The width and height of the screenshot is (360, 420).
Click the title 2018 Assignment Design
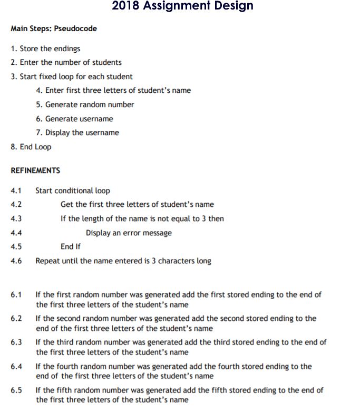click(182, 6)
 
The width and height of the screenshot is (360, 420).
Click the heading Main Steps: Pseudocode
click(54, 28)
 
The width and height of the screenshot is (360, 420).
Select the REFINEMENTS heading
click(35, 170)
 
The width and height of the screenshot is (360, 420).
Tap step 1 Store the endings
click(46, 49)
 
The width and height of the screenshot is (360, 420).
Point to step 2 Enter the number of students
click(66, 62)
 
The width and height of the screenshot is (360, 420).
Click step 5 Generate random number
click(85, 104)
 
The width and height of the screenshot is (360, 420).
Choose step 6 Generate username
click(75, 119)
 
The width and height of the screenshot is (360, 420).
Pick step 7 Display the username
click(78, 132)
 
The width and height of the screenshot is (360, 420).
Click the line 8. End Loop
click(31, 147)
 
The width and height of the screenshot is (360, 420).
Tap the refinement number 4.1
click(16, 190)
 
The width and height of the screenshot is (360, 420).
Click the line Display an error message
click(129, 233)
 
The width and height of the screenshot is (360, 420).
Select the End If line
click(71, 246)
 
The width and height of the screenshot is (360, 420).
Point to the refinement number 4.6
click(16, 261)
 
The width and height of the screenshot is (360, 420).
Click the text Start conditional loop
click(73, 190)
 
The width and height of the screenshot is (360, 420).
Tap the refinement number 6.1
click(16, 294)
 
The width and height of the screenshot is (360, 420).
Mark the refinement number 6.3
click(16, 342)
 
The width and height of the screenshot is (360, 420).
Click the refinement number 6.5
click(16, 390)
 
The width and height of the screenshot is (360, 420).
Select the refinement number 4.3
click(16, 218)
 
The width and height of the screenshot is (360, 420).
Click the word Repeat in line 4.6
click(47, 261)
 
